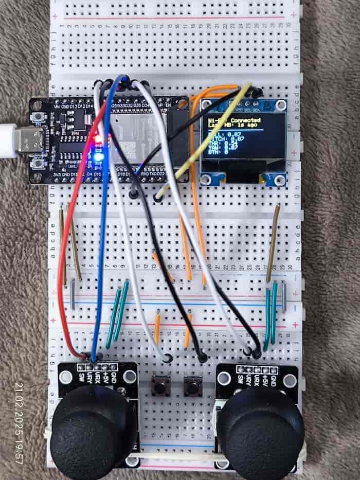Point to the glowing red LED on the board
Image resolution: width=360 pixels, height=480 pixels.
[x=98, y=138]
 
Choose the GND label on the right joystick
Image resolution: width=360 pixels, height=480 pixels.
[x=272, y=380]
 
